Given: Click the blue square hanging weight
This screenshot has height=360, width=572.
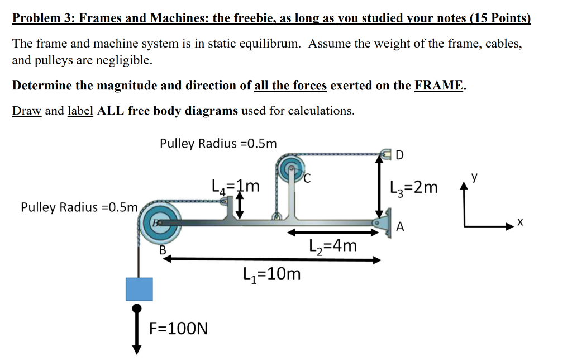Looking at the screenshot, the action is (x=139, y=289).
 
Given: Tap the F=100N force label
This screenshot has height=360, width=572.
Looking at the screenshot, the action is (x=178, y=328).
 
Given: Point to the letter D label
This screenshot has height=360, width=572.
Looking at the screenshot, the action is (x=399, y=155).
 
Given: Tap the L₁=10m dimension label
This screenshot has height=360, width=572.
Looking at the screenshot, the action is (x=272, y=274).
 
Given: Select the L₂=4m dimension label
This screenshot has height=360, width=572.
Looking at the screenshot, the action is (x=333, y=245).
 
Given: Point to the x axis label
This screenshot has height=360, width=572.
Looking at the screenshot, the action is (x=519, y=222).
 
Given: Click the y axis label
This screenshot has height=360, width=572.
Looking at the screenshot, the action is (x=474, y=177).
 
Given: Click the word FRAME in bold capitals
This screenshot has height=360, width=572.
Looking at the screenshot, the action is (x=439, y=86).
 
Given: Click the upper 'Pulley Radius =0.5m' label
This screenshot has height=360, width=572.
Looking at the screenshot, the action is (x=218, y=144).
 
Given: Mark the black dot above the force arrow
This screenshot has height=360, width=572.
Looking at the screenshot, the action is (x=137, y=309).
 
